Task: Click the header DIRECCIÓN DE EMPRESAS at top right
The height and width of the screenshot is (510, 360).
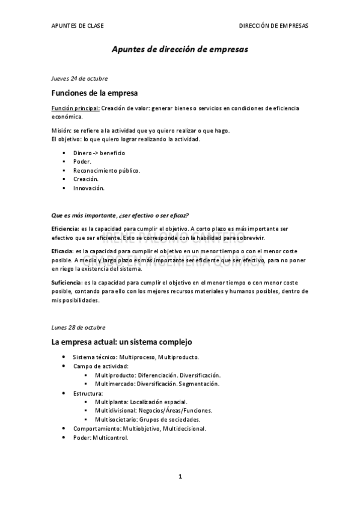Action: click(x=273, y=26)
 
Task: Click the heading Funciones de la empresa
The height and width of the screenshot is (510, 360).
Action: click(x=94, y=93)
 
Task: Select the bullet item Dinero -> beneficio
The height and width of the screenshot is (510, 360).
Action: click(x=99, y=153)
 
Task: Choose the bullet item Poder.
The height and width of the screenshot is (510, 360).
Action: click(x=82, y=162)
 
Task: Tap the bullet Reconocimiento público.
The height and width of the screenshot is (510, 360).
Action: click(x=106, y=170)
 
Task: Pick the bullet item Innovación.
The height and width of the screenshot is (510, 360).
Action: click(x=89, y=188)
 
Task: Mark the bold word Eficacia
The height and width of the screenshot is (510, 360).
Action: click(x=63, y=251)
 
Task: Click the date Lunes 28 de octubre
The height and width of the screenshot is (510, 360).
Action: click(x=78, y=328)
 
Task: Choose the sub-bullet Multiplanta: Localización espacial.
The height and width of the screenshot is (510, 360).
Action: click(x=141, y=402)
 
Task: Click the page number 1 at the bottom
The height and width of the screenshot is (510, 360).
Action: click(x=180, y=477)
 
